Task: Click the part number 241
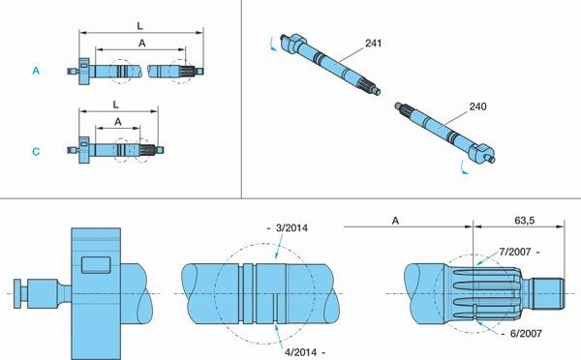(x=373, y=44)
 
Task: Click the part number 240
(x=477, y=106)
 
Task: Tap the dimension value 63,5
(x=524, y=221)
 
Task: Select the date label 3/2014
(x=291, y=227)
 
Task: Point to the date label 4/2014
(x=300, y=352)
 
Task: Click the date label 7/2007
(x=515, y=252)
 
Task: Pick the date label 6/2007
(x=526, y=333)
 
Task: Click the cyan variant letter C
(x=36, y=152)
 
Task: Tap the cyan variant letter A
(x=36, y=71)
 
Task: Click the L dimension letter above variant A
(x=139, y=26)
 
